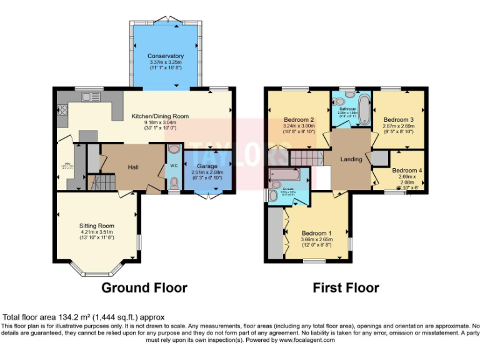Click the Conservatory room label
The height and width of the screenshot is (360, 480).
[166, 56]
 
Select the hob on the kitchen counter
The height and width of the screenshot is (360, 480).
[62, 111]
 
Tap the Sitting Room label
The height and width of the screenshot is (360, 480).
[96, 225]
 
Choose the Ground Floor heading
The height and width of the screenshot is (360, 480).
[144, 288]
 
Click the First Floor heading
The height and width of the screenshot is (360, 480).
[346, 288]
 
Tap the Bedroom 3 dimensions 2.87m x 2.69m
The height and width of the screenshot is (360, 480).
[399, 126]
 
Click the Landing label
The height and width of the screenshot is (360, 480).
[351, 159]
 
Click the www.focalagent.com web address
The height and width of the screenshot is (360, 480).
[306, 341]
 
